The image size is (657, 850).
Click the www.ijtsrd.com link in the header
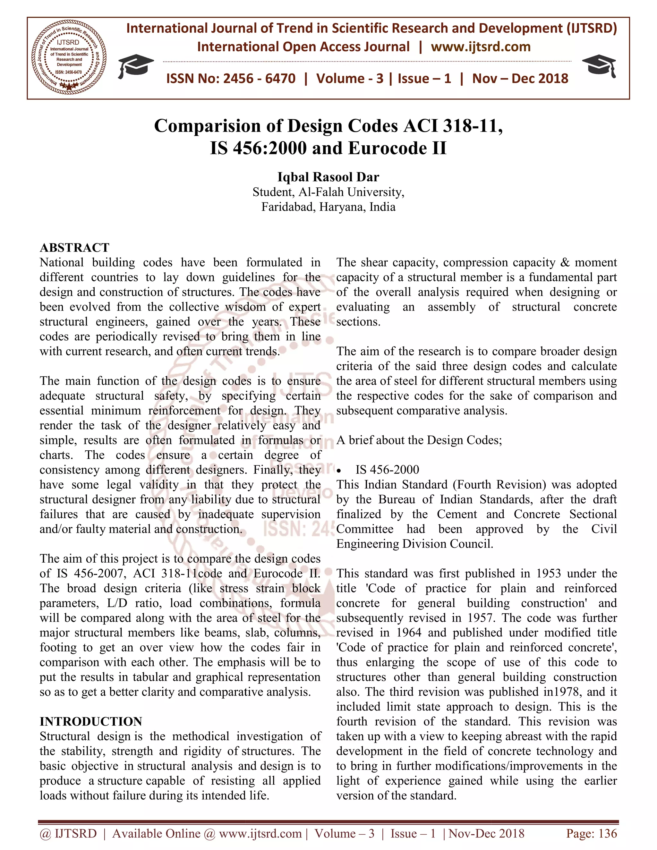pyautogui.click(x=481, y=47)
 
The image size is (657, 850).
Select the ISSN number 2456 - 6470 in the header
pyautogui.click(x=259, y=79)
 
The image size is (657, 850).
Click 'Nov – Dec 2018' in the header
pyautogui.click(x=520, y=79)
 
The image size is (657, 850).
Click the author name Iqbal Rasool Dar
pyautogui.click(x=328, y=177)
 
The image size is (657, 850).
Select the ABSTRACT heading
pyautogui.click(x=74, y=248)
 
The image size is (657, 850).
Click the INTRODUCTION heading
pyautogui.click(x=91, y=721)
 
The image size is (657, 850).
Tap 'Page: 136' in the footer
pyautogui.click(x=591, y=833)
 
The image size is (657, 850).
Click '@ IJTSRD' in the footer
pyautogui.click(x=68, y=833)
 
